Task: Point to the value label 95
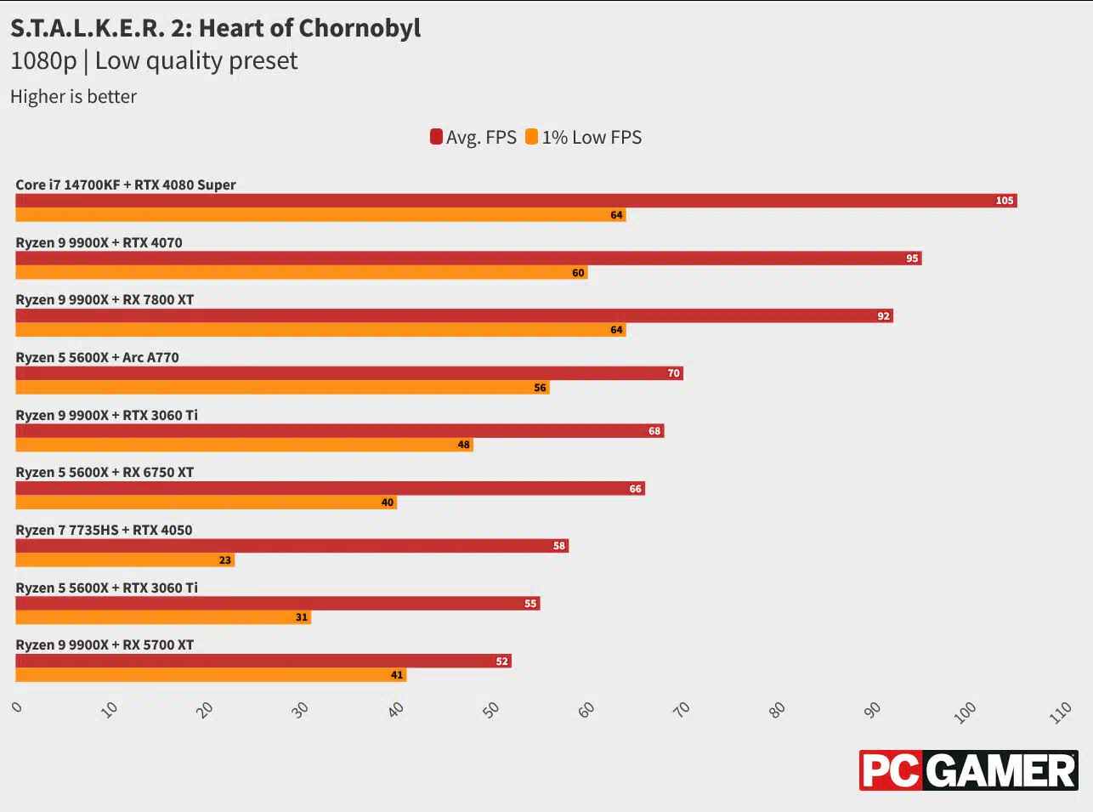click(x=912, y=258)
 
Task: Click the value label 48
click(x=463, y=445)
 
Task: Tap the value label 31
click(x=302, y=617)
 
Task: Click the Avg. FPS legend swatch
click(x=436, y=137)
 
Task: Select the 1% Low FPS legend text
click(x=592, y=137)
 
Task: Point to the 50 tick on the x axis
click(x=491, y=710)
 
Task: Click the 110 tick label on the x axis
click(x=1060, y=713)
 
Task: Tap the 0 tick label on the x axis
click(x=17, y=707)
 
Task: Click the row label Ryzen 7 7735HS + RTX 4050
click(x=104, y=530)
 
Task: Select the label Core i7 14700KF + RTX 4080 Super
click(x=126, y=185)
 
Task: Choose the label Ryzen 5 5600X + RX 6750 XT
click(x=105, y=472)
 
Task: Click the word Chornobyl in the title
click(x=360, y=28)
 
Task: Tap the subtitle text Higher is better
click(x=73, y=97)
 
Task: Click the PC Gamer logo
click(x=968, y=770)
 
